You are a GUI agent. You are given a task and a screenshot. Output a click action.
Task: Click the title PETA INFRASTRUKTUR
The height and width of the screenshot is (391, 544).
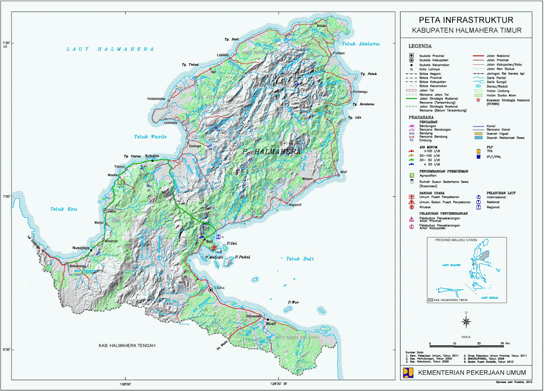[466, 20]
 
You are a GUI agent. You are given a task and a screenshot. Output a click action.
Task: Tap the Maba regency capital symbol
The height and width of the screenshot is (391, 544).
[211, 290]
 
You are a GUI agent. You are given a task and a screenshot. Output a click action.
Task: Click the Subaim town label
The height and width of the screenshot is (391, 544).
[152, 156]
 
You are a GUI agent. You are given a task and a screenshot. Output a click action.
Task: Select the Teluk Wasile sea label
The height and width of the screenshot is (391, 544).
[150, 137]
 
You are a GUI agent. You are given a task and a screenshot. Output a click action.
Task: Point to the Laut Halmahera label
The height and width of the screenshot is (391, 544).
[110, 49]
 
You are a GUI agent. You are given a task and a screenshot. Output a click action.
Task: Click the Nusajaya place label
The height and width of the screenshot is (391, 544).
[81, 248]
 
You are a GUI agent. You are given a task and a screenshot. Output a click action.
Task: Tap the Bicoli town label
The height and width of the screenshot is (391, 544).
[271, 324]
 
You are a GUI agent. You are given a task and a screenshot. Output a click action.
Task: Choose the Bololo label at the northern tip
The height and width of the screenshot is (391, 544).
[321, 26]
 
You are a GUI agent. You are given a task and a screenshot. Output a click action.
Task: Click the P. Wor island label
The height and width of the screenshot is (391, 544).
[293, 302]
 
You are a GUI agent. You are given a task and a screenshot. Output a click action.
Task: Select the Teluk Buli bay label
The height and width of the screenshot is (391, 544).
[300, 259]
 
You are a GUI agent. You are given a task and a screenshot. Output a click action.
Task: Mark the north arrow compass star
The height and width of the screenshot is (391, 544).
[466, 321]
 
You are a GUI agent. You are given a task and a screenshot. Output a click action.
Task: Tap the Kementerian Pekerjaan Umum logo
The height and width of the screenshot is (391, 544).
[408, 373]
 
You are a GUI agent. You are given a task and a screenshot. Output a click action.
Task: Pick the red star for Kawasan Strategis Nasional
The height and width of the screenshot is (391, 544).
[478, 100]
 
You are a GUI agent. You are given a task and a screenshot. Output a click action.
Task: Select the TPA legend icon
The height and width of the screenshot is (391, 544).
[478, 151]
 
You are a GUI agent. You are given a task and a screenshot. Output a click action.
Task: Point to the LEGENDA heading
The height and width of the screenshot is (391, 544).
[420, 46]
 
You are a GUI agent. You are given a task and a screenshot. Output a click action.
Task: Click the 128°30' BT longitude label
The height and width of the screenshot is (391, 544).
[279, 384]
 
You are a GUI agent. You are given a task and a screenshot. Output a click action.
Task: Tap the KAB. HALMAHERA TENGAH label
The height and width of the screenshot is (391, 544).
[127, 345]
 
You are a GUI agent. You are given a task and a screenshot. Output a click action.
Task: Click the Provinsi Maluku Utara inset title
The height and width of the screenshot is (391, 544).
[456, 240]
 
